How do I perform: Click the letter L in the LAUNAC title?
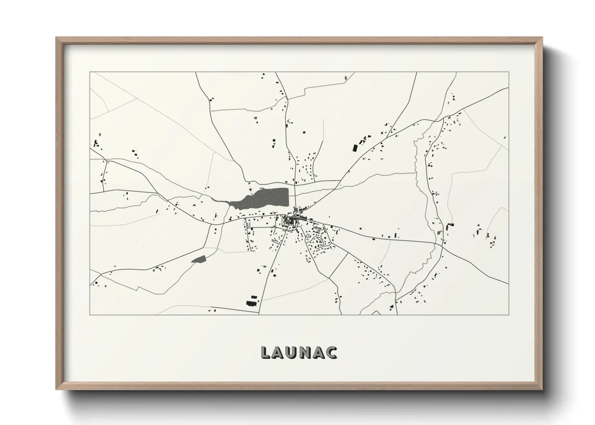coord(266,352)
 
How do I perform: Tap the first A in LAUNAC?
coord(280,352)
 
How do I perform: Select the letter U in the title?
coord(294,352)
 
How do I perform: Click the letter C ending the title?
coord(333,352)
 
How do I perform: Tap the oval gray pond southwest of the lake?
coord(198,259)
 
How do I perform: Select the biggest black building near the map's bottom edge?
coord(252,302)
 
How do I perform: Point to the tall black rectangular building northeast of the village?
coord(355,147)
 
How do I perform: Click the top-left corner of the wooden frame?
coord(56,37)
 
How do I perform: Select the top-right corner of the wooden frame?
coord(542,37)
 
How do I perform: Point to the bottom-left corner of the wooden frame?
coord(56,389)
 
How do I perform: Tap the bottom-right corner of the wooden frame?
coord(542,389)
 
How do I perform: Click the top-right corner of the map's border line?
coord(509,72)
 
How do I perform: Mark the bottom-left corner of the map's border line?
coord(90,315)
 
